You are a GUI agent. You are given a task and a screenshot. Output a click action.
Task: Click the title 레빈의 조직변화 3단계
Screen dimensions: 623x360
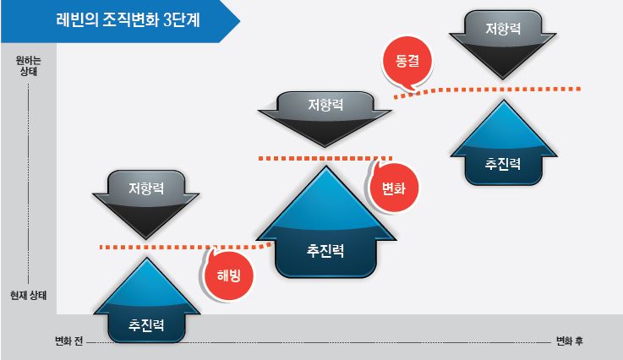click(x=128, y=20)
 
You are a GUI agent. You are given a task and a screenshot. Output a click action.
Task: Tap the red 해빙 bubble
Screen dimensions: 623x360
click(x=228, y=275)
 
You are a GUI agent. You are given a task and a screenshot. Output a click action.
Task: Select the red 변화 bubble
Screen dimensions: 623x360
click(x=393, y=188)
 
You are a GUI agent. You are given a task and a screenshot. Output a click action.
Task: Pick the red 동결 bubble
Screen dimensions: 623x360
click(x=407, y=62)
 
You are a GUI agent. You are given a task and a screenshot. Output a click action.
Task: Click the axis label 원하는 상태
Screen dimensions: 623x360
click(x=28, y=66)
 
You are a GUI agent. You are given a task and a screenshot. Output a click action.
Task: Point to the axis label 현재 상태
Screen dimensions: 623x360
click(x=28, y=295)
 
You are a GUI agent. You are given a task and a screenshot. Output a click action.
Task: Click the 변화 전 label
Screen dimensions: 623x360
click(x=68, y=341)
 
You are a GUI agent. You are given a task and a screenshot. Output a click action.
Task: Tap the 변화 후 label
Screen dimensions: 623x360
click(x=570, y=341)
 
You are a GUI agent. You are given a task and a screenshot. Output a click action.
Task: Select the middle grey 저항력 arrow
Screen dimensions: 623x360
click(x=325, y=119)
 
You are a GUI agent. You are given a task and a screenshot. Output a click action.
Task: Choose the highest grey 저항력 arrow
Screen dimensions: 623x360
click(x=503, y=45)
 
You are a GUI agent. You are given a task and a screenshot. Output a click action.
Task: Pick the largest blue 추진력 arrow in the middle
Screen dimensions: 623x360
click(x=325, y=222)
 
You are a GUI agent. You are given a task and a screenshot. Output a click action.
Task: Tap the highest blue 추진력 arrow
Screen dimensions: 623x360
click(x=504, y=143)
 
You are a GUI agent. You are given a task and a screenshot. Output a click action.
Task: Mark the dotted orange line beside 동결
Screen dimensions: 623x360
click(x=487, y=90)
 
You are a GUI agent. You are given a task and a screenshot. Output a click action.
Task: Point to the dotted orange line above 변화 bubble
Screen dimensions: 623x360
click(x=325, y=159)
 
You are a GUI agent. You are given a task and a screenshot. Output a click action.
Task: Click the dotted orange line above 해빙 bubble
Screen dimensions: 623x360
click(x=186, y=247)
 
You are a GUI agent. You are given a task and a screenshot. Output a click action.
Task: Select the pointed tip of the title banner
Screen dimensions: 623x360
click(x=240, y=20)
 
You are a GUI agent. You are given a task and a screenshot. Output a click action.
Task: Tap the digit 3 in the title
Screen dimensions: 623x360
click(x=167, y=20)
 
